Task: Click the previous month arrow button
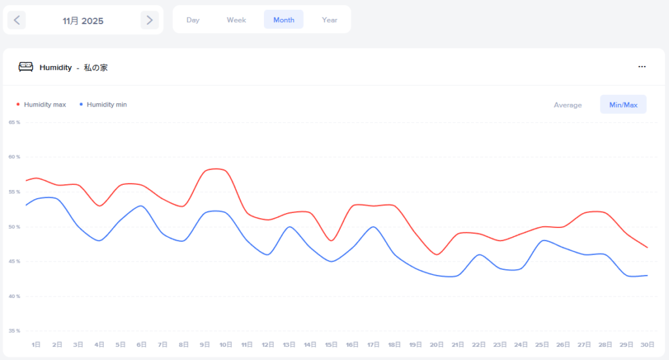point(17,20)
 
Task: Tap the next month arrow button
point(150,20)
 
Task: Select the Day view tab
point(193,20)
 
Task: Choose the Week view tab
point(237,20)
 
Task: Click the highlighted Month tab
point(284,20)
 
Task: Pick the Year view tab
point(329,20)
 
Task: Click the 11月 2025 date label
point(83,21)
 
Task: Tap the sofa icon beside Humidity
point(25,67)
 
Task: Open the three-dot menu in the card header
point(642,67)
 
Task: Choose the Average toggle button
point(568,105)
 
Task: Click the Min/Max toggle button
point(623,105)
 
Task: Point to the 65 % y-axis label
point(14,122)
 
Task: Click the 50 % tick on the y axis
point(14,227)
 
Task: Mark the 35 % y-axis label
point(14,331)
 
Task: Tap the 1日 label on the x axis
point(37,344)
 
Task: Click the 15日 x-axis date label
point(331,344)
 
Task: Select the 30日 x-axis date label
point(647,344)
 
